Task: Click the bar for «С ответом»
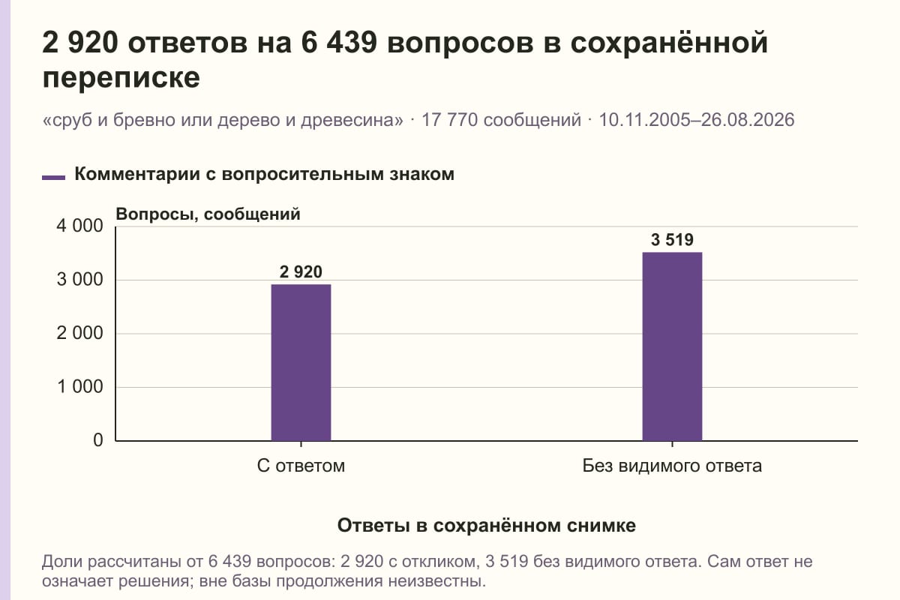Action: point(301,362)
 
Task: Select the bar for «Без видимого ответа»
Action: point(672,346)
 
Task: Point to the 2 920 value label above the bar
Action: point(301,272)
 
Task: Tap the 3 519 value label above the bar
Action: point(672,240)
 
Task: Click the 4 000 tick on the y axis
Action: point(80,226)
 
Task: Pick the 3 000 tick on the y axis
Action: point(80,280)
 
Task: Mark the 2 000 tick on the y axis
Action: point(80,333)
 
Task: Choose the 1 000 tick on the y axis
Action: point(80,387)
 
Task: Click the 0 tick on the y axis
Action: point(98,440)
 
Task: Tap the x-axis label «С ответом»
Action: point(301,466)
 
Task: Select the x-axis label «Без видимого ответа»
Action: point(672,466)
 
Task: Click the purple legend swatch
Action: point(53,178)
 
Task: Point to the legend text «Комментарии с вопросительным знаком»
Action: point(264,175)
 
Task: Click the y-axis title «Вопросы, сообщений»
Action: point(208,214)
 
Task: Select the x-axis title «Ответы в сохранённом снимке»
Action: point(487,526)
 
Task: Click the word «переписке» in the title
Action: point(121,77)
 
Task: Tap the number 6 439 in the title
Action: point(339,43)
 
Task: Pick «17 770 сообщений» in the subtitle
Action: point(501,120)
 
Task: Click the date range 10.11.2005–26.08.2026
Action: point(697,120)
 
